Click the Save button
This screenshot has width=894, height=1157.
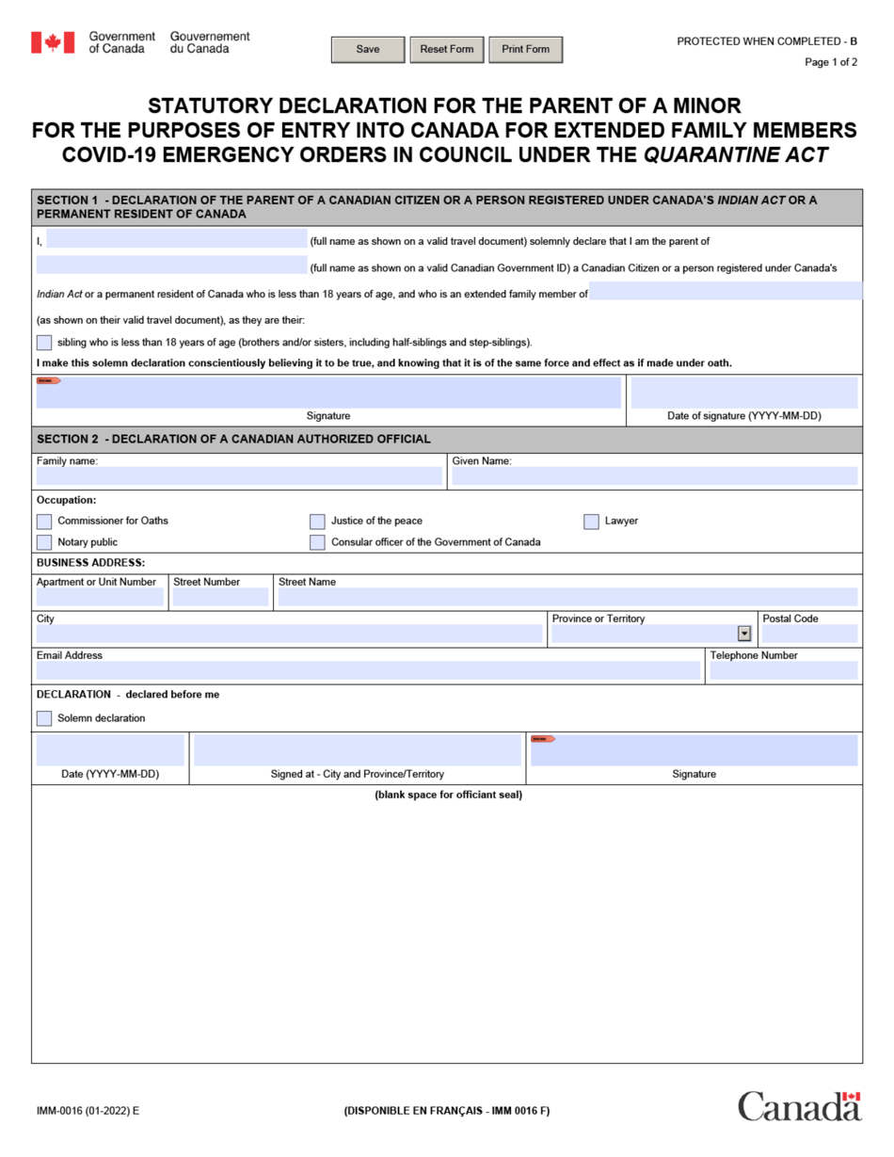368,49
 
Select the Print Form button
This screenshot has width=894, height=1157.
525,49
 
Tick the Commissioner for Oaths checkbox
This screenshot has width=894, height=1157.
44,522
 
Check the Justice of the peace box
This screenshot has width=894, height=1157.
317,522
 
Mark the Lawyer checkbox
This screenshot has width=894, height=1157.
591,522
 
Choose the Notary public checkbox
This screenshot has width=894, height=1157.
44,542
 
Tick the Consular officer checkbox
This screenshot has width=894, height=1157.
317,542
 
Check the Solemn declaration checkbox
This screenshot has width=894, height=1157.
44,718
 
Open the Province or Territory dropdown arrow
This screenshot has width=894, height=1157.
744,634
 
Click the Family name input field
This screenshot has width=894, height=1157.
239,476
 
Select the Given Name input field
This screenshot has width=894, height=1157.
654,476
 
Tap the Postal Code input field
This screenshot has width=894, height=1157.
809,634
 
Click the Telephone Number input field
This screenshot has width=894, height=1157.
783,670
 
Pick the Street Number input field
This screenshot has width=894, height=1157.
220,597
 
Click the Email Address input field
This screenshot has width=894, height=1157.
368,670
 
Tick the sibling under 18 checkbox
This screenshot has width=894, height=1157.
44,343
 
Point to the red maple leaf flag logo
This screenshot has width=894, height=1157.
53,42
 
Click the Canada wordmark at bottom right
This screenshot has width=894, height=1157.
799,1105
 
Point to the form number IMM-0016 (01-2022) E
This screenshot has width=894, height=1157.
88,1111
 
